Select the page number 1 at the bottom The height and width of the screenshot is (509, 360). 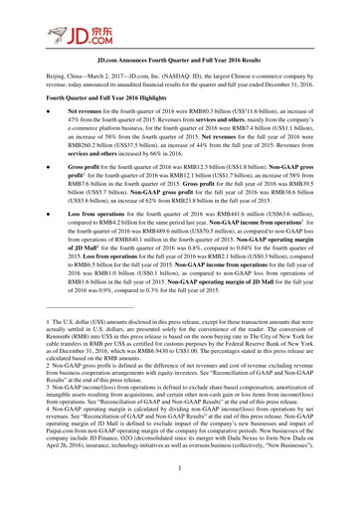pyautogui.click(x=179, y=493)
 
